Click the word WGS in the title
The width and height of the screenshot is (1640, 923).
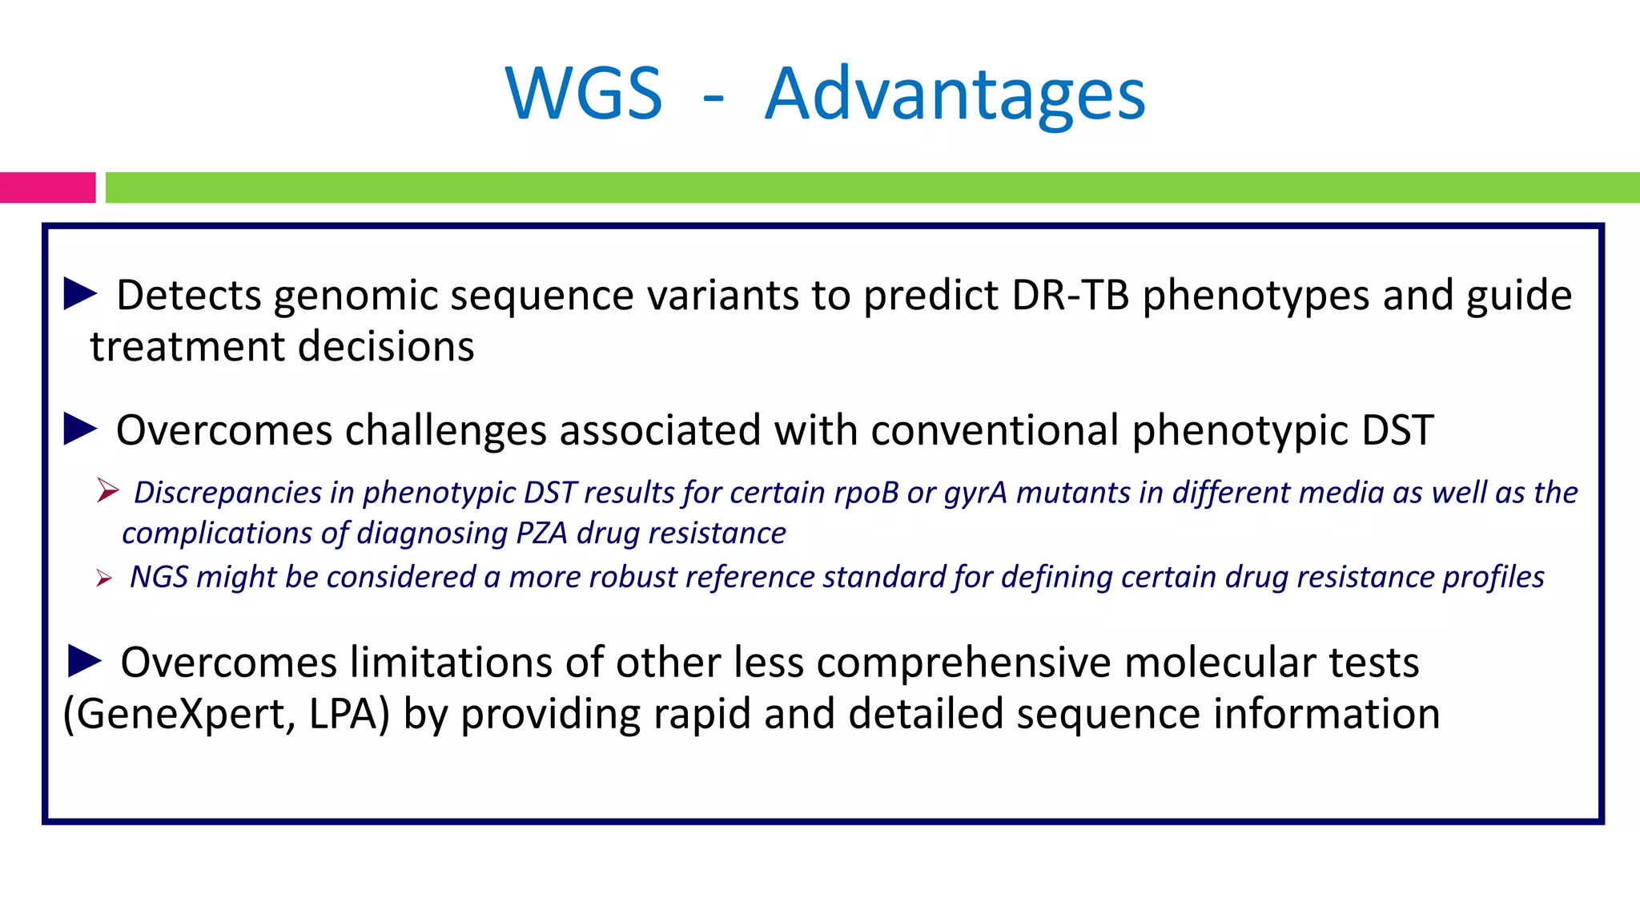584,94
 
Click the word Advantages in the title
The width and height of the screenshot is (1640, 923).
955,95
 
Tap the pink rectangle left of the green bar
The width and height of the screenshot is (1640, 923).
47,187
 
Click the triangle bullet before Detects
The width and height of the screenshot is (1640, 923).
80,293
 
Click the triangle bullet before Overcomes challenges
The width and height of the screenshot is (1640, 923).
80,429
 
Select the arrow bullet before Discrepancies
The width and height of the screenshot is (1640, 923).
107,490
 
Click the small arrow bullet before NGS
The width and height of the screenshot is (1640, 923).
103,578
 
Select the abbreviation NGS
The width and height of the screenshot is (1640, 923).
159,577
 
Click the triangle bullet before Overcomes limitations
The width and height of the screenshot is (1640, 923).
85,661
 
